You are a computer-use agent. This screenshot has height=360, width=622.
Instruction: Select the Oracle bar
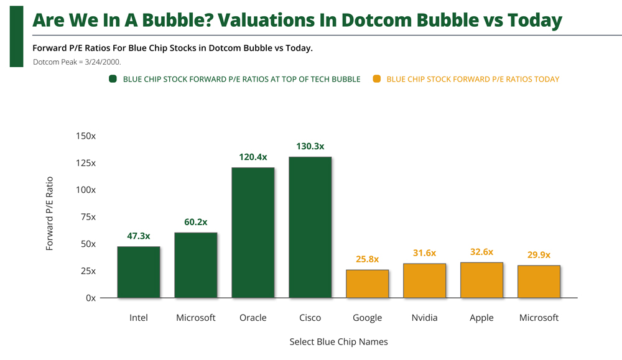pos(253,233)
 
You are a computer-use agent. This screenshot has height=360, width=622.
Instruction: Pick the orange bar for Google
pos(367,284)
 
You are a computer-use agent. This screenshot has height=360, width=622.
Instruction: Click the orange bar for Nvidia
pos(424,280)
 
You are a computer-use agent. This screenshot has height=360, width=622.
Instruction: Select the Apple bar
pos(481,280)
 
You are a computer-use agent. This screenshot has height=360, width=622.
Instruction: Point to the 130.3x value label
pos(310,146)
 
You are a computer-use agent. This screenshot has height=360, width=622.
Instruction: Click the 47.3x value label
pos(138,236)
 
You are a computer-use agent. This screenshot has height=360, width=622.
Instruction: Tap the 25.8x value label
pos(367,259)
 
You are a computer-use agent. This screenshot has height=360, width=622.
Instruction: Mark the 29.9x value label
pos(539,255)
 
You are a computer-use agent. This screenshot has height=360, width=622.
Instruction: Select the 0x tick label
pos(91,298)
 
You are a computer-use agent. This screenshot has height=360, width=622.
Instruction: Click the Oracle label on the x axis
pos(253,318)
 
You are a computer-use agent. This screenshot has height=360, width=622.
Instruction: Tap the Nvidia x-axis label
pos(424,318)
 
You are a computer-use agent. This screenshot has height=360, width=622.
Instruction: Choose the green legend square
pos(113,79)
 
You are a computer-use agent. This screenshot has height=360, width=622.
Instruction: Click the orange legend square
pos(376,79)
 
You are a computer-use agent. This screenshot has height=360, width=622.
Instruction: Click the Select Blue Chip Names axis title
pos(338,341)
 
